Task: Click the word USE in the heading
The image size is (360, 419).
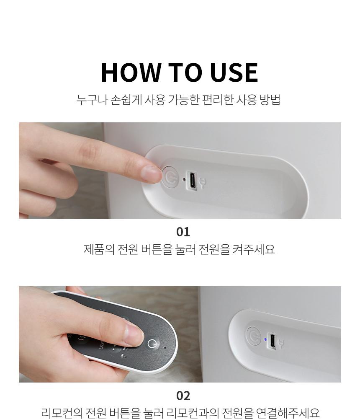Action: coord(234,72)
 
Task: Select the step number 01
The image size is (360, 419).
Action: coord(183,232)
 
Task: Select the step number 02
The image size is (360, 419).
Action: coord(183,396)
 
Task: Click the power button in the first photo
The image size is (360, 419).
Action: coord(170,177)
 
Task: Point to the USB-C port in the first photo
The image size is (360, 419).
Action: coord(192,180)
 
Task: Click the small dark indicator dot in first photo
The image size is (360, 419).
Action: coord(184,179)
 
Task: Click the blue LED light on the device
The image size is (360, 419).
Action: coord(265,340)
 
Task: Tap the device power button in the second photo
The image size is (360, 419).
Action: coord(253,336)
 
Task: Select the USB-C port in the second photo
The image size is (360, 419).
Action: coord(272,341)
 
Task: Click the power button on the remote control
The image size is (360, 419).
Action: coord(152,344)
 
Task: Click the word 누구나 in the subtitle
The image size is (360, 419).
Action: coord(92,100)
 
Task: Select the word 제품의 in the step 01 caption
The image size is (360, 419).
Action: coord(99,249)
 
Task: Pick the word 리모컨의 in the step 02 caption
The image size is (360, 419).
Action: coord(62,413)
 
